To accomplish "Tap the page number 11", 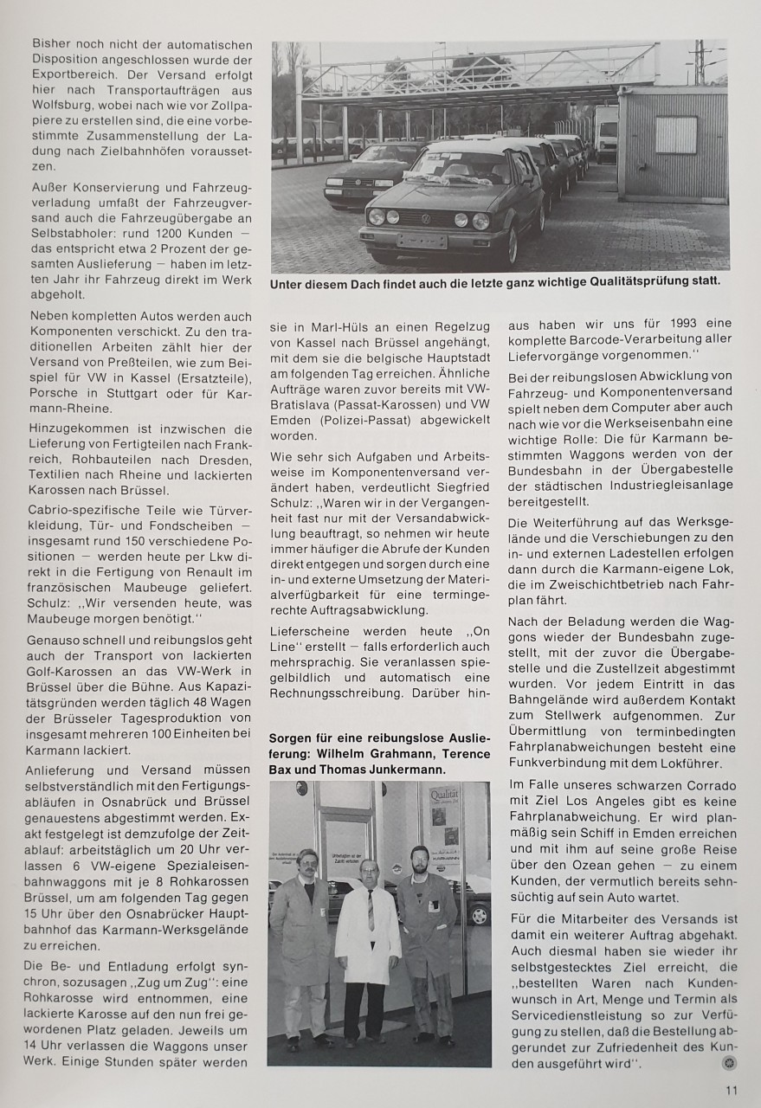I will tap(731, 1092).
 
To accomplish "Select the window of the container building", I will tap(675, 134).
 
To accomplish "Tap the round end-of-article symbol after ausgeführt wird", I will tap(730, 1062).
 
